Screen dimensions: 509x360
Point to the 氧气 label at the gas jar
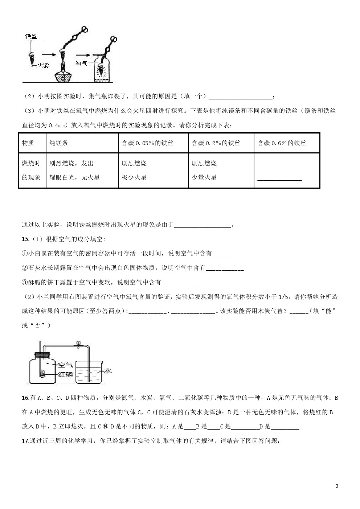[x=81, y=63]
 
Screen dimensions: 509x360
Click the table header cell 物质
[x=28, y=143]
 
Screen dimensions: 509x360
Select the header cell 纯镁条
[x=58, y=143]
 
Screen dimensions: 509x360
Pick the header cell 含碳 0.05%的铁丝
[x=147, y=143]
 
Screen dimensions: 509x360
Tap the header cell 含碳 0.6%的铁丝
[x=282, y=143]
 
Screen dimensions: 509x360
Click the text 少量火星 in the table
[x=204, y=177]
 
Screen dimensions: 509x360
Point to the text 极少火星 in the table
[x=134, y=177]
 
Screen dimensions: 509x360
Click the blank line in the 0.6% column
[x=279, y=179]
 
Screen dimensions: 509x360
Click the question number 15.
[x=25, y=239]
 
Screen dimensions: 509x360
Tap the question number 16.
[x=25, y=398]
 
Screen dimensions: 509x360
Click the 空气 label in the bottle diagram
[x=65, y=365]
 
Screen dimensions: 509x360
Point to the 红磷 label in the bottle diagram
[x=65, y=374]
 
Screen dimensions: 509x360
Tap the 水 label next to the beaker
[x=108, y=371]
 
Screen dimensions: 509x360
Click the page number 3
[x=337, y=486]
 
